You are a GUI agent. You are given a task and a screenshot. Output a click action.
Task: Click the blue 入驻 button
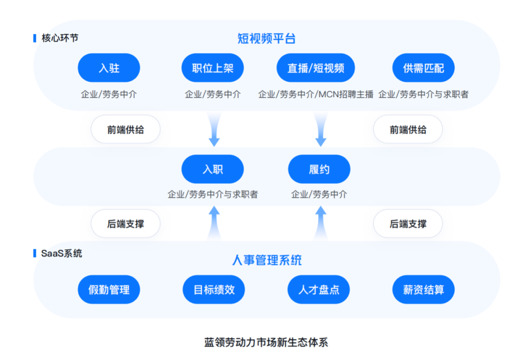tap(109, 68)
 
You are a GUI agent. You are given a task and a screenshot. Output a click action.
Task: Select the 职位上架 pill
tap(212, 68)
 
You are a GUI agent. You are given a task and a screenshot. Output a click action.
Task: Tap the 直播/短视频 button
tap(315, 68)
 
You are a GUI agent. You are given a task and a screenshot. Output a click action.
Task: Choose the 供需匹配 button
tap(423, 68)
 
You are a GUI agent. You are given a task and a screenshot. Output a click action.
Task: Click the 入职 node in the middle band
tap(212, 169)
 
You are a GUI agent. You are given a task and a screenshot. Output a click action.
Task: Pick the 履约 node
tap(319, 169)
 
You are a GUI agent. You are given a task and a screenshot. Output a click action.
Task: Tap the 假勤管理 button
tap(109, 290)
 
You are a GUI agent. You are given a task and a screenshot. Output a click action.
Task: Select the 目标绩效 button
tap(214, 290)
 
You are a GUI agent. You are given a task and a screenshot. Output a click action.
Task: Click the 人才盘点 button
tap(319, 290)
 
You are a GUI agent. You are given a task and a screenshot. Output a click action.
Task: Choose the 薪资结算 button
tap(423, 290)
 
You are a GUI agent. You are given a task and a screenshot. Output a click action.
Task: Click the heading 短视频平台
tap(266, 38)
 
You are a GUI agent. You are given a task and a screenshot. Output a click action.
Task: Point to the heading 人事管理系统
tap(266, 260)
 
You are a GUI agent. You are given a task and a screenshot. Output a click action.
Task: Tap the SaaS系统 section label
tap(61, 253)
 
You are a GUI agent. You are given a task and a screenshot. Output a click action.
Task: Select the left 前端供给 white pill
tap(125, 130)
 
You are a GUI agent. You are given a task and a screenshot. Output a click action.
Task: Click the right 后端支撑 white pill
tap(408, 224)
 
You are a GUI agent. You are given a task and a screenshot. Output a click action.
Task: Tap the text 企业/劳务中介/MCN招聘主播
tap(315, 94)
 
